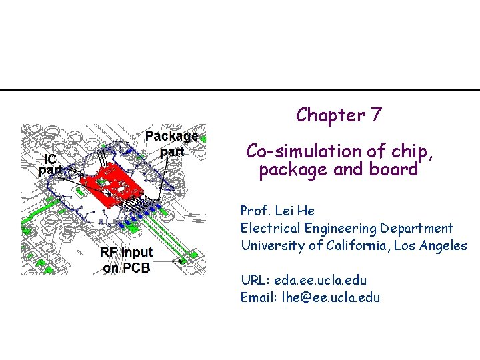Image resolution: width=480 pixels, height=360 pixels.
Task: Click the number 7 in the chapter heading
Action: coord(377,115)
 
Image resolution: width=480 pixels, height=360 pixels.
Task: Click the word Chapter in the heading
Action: coord(328,115)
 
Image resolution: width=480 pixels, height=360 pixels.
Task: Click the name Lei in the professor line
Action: coord(281,211)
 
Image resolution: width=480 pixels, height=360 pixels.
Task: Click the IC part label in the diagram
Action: coord(51,164)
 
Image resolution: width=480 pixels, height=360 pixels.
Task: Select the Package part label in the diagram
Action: coord(171,143)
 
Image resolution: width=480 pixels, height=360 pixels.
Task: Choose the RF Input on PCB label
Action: coord(126,260)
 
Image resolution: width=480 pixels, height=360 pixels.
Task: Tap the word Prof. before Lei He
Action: coord(254,211)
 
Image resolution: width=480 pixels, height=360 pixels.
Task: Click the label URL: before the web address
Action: coord(254,281)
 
